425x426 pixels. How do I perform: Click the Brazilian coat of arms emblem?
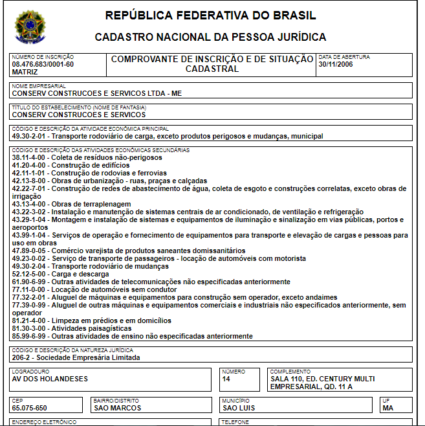[x=30, y=27]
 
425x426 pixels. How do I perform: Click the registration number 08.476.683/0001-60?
[x=43, y=64]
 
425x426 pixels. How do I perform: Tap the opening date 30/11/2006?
[x=336, y=64]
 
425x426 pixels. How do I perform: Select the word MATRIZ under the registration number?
[x=25, y=72]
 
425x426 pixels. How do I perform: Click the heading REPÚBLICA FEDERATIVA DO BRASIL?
[x=210, y=16]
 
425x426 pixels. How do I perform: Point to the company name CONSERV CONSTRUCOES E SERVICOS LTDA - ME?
[x=97, y=93]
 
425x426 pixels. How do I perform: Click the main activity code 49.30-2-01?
[x=30, y=137]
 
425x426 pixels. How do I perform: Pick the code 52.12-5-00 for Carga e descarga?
[x=30, y=274]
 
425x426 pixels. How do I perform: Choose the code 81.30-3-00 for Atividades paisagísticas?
[x=30, y=328]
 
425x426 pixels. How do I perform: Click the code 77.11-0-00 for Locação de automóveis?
[x=30, y=289]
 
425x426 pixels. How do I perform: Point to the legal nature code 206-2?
[x=22, y=357]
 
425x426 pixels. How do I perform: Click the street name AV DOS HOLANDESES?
[x=50, y=379]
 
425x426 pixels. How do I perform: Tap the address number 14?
[x=226, y=379]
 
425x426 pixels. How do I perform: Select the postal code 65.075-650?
[x=30, y=408]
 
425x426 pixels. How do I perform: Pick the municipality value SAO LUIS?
[x=239, y=408]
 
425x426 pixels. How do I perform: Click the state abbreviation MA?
[x=388, y=408]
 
